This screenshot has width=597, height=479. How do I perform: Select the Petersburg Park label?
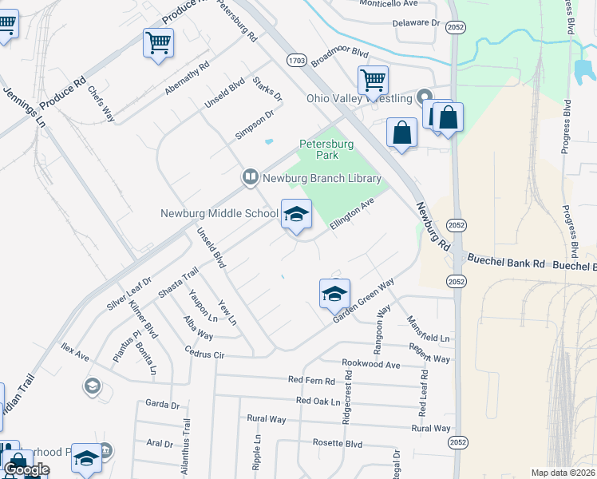(326, 149)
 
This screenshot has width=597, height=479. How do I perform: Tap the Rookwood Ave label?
(370, 363)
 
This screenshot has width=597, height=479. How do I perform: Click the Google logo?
(26, 469)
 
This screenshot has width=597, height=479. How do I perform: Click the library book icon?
(250, 176)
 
